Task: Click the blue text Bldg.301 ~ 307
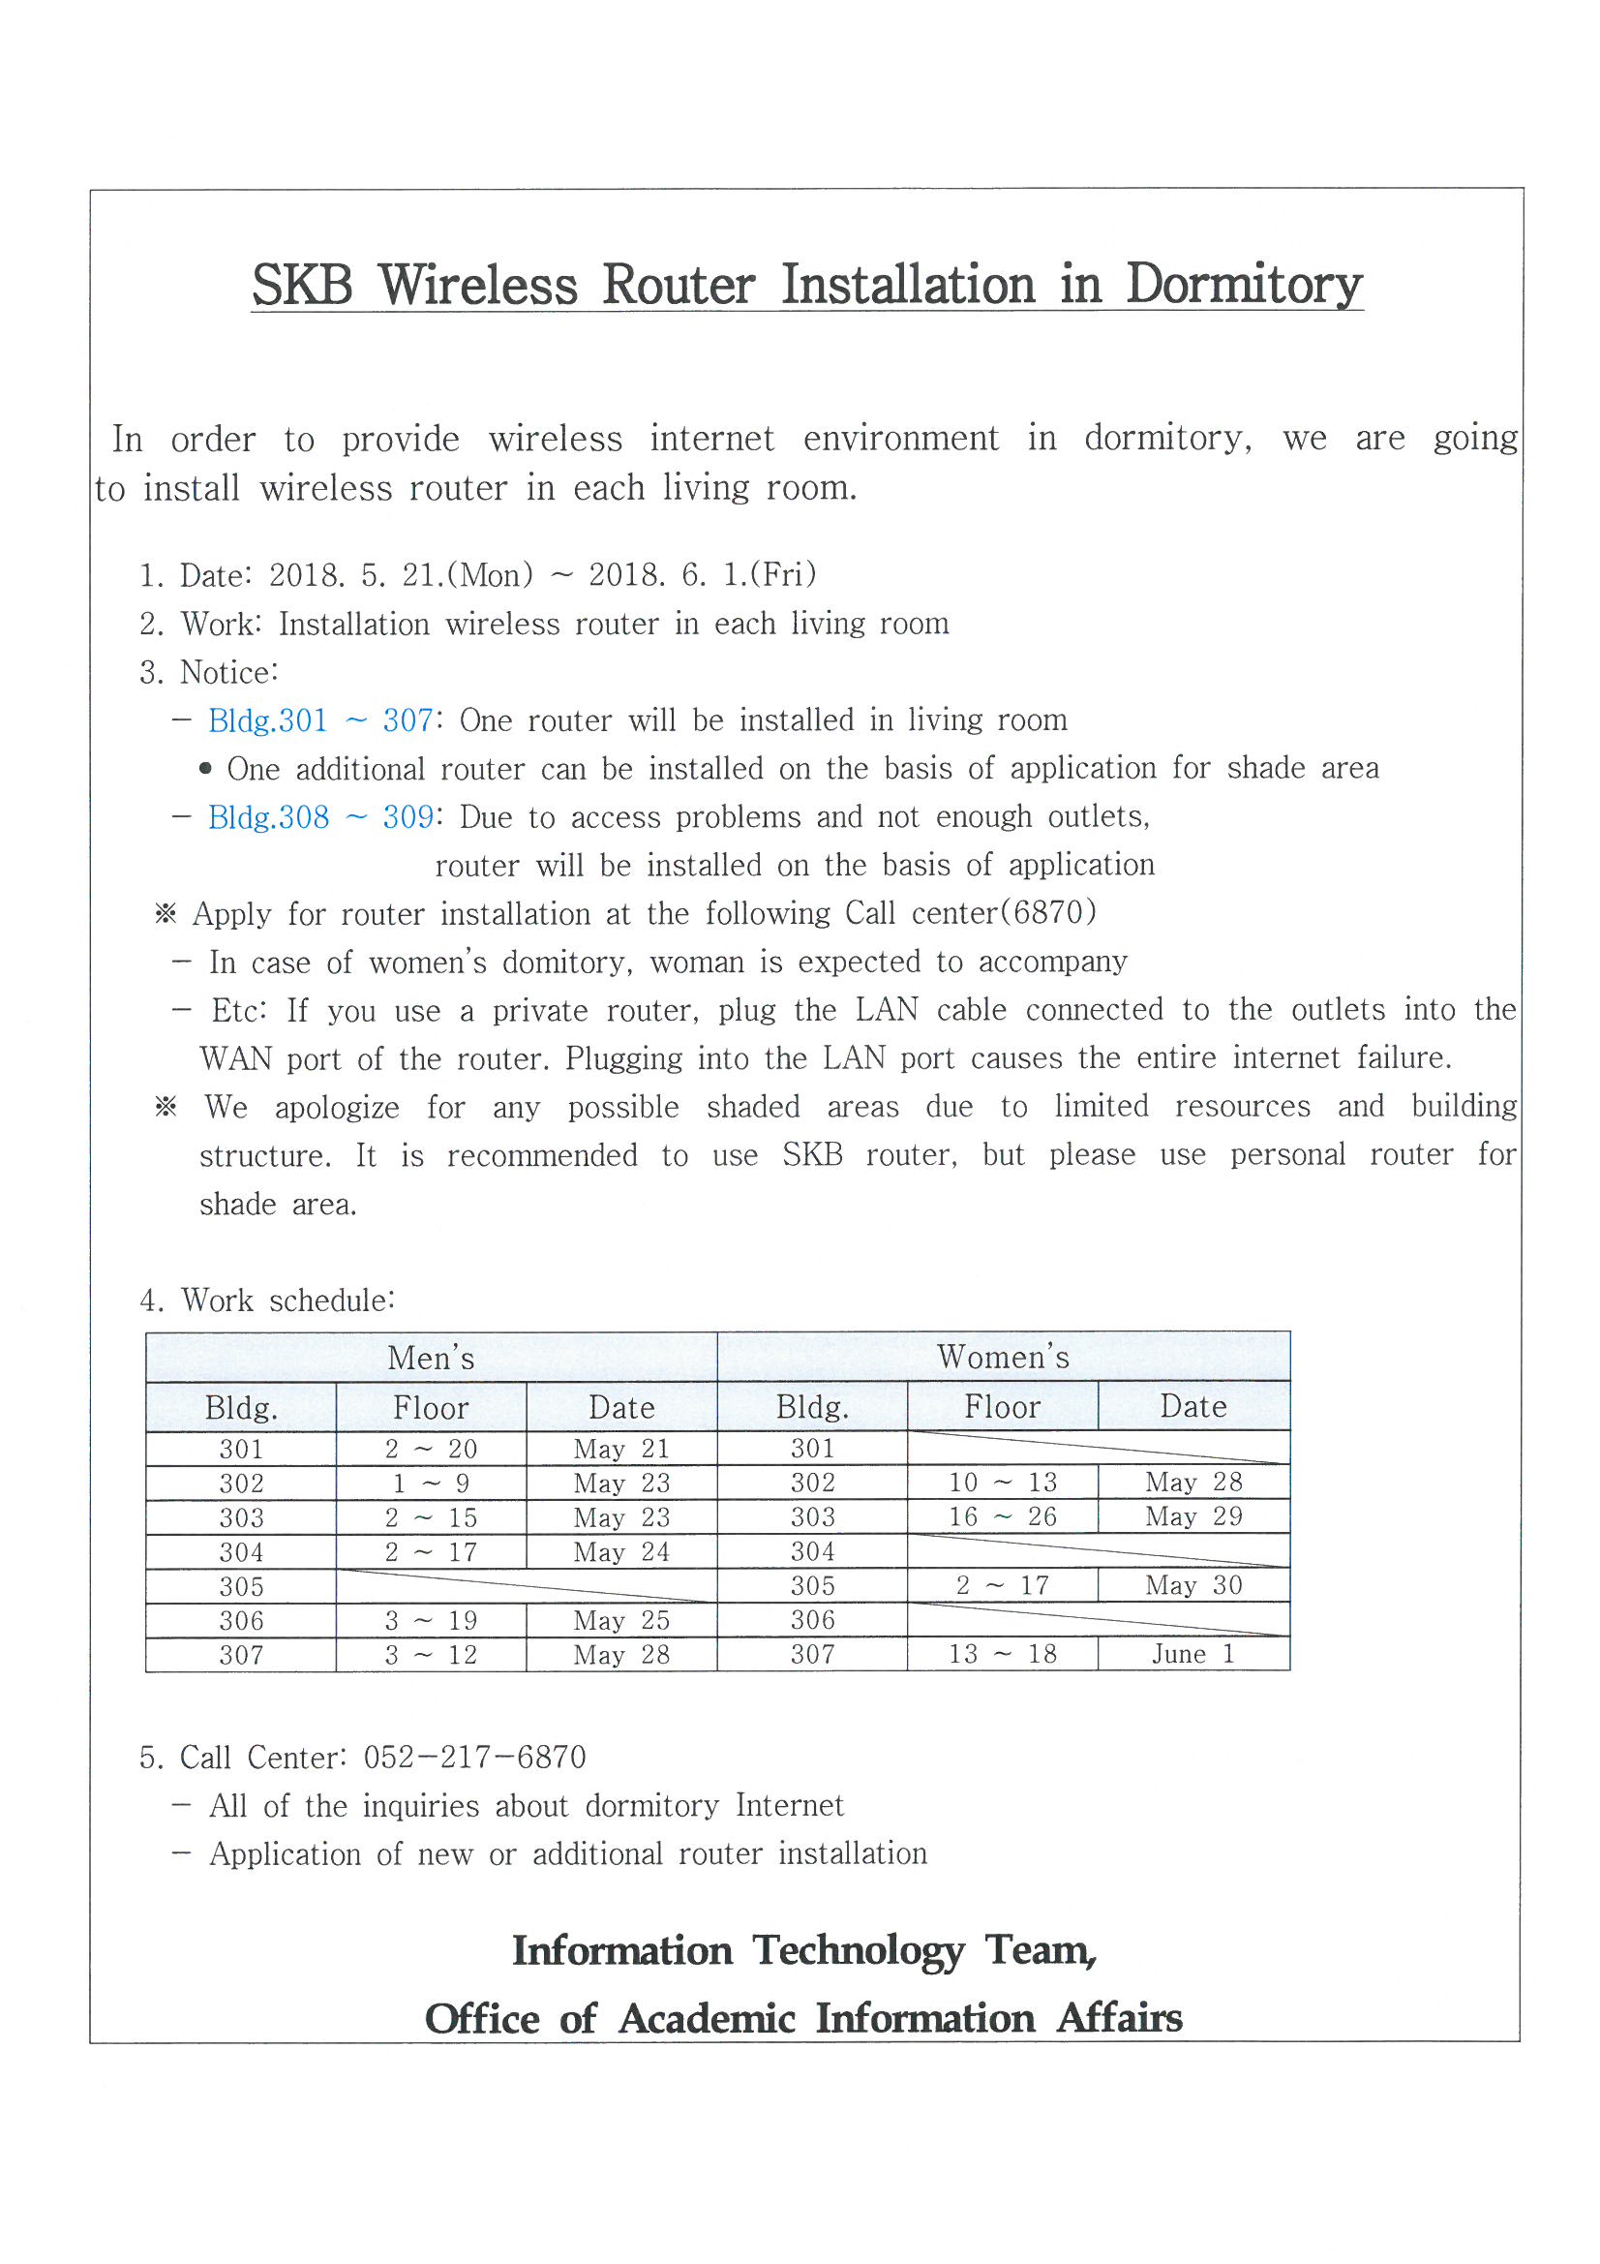[x=320, y=720]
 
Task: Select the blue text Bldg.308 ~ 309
[x=320, y=817]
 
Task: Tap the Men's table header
[x=431, y=1358]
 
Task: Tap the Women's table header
[x=1003, y=1357]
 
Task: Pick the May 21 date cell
[x=621, y=1449]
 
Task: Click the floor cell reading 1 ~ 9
[x=431, y=1484]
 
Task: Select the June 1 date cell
[x=1192, y=1654]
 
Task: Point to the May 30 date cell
[x=1192, y=1584]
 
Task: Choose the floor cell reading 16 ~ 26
[x=1002, y=1516]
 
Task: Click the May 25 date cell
[x=621, y=1620]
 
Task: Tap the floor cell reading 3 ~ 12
[x=431, y=1655]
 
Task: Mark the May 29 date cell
[x=1192, y=1516]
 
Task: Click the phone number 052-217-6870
[x=475, y=1758]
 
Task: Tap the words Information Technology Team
[x=803, y=1949]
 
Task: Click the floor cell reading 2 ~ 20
[x=431, y=1449]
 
